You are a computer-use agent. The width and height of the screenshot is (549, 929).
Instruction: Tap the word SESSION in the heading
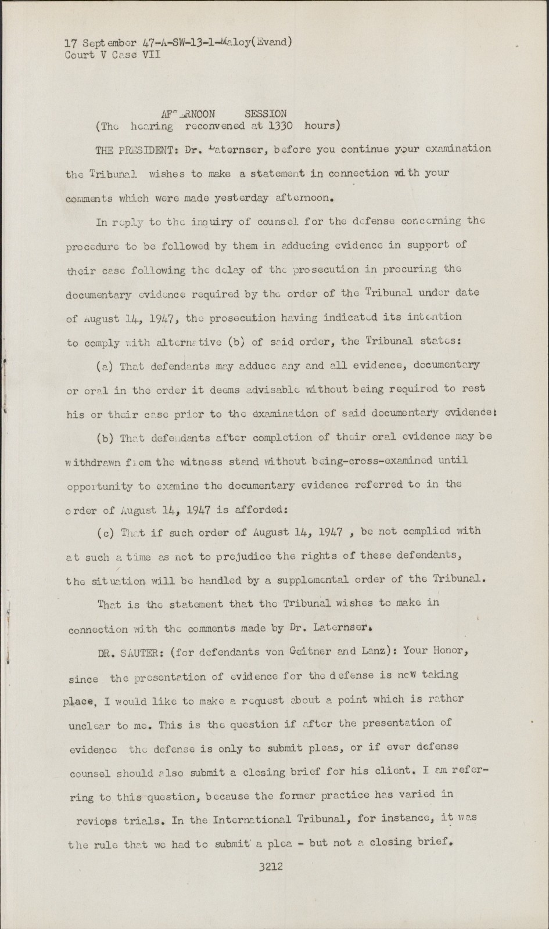(x=265, y=114)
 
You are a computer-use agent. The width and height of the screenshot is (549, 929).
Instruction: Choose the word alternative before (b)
(x=187, y=343)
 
